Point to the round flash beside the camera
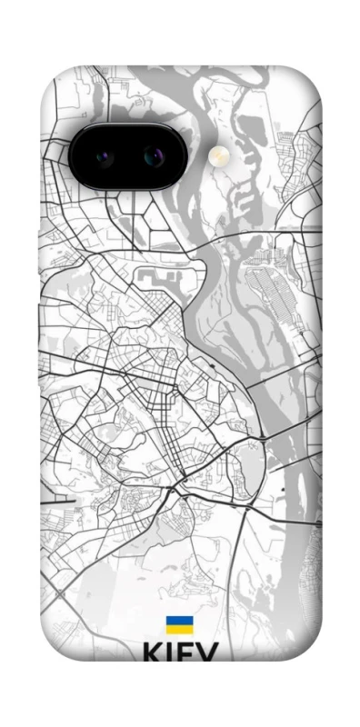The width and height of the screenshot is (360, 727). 218,157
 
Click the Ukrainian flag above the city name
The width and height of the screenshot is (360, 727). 179,625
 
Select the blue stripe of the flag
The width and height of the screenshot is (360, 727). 179,621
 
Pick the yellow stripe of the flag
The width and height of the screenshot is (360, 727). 179,630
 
